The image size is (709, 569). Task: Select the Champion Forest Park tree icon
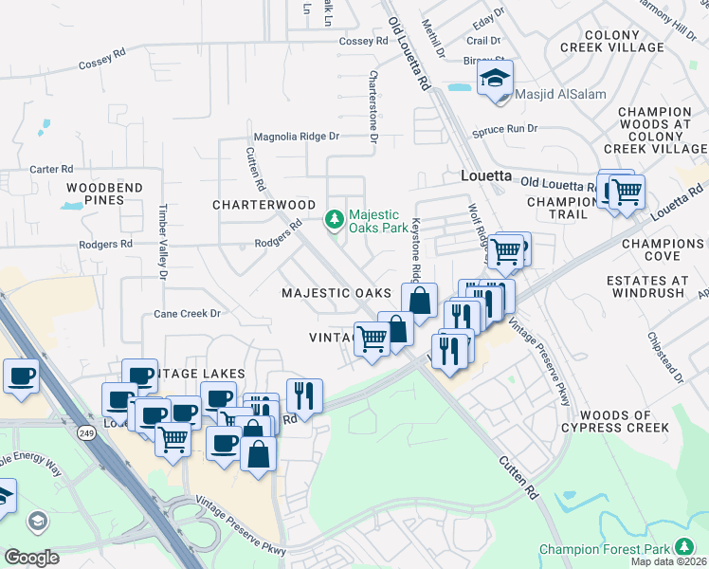pos(683,548)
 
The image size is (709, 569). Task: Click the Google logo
pos(31,557)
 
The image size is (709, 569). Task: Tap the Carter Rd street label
pos(51,169)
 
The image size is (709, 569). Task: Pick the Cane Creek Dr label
pos(188,313)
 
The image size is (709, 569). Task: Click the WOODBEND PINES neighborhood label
pos(104,194)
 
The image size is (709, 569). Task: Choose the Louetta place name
pos(485,176)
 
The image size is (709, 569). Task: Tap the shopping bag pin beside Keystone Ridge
pos(418,302)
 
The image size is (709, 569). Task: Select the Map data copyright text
pos(668,561)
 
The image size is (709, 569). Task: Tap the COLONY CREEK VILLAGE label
pos(638,41)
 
